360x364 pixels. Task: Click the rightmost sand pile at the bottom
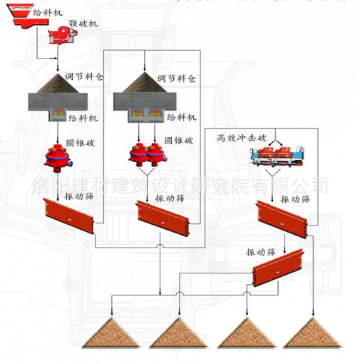point(313,333)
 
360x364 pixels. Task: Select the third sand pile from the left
point(247,333)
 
